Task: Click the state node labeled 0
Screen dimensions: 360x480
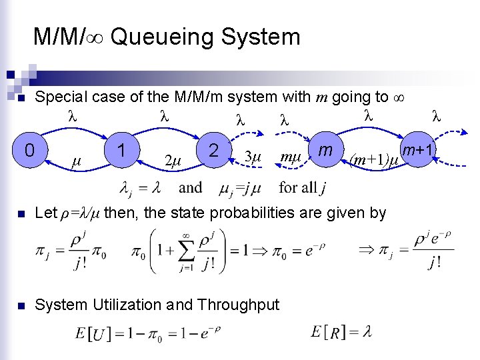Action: tap(29, 152)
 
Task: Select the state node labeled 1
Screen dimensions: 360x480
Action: tap(122, 151)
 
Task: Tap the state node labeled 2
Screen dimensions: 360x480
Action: tap(214, 151)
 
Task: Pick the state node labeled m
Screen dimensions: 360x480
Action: tap(326, 151)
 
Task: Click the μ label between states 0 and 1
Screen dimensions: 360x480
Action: tap(76, 161)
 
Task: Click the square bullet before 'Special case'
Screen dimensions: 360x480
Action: tap(21, 99)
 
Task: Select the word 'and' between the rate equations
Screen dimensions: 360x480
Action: tap(190, 188)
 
